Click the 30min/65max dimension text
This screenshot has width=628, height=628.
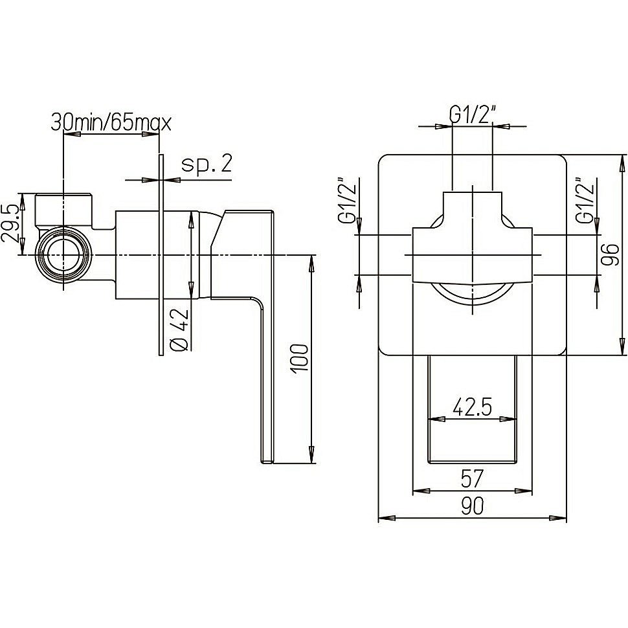tap(111, 122)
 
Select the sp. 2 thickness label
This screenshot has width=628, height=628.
tap(206, 164)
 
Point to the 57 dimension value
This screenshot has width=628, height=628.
tap(472, 479)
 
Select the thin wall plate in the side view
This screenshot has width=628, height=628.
tap(159, 255)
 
